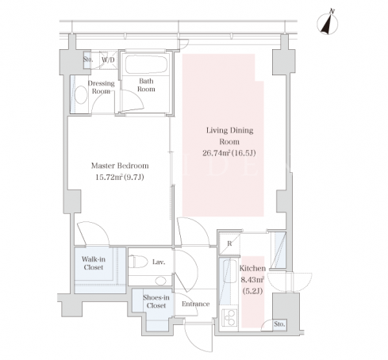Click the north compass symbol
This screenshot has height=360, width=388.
click(x=328, y=23)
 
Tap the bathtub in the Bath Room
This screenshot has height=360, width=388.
click(x=146, y=64)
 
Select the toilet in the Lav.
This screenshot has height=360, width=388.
click(x=138, y=262)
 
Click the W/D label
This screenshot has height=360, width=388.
click(x=108, y=59)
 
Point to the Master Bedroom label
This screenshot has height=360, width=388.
click(x=120, y=166)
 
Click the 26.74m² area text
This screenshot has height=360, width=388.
click(x=217, y=153)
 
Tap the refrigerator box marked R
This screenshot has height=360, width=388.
click(x=229, y=243)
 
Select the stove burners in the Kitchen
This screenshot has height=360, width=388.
click(x=229, y=318)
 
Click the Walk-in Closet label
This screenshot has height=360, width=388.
click(x=94, y=263)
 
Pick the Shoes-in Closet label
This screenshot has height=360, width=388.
click(x=156, y=301)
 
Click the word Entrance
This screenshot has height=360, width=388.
click(x=195, y=304)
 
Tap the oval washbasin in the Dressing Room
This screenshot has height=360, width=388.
click(x=81, y=95)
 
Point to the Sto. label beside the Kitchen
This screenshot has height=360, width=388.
click(x=279, y=324)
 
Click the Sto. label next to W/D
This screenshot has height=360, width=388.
click(x=88, y=59)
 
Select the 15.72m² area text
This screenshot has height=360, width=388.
click(x=109, y=177)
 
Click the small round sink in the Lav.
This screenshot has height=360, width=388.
click(x=160, y=281)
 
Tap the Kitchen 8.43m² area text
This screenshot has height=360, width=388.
click(x=252, y=280)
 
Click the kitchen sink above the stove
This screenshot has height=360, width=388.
click(x=229, y=271)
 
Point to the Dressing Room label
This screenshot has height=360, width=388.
click(x=101, y=87)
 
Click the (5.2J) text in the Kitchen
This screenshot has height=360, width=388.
click(x=252, y=291)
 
